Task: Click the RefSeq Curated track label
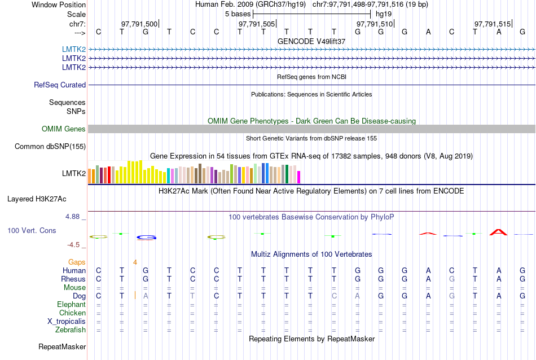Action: pyautogui.click(x=60, y=85)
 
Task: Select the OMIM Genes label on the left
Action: pyautogui.click(x=64, y=129)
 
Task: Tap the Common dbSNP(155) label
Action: pyautogui.click(x=50, y=147)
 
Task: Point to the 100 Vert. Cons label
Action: pyautogui.click(x=32, y=231)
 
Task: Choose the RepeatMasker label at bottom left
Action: pyautogui.click(x=62, y=346)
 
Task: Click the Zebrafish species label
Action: pyautogui.click(x=71, y=330)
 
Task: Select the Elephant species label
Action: pyautogui.click(x=71, y=305)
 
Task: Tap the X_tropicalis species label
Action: pyautogui.click(x=67, y=322)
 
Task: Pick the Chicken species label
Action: pyautogui.click(x=73, y=313)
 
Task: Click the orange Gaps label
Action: pyautogui.click(x=77, y=262)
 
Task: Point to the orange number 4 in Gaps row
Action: pyautogui.click(x=135, y=262)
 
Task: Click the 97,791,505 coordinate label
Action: pyautogui.click(x=257, y=24)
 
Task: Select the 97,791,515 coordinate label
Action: pyautogui.click(x=493, y=24)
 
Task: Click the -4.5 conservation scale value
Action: pyautogui.click(x=76, y=245)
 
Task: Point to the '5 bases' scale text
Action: pyautogui.click(x=238, y=13)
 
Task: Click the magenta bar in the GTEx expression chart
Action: pyautogui.click(x=299, y=177)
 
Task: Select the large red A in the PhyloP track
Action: pyautogui.click(x=498, y=232)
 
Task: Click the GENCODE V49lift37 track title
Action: pyautogui.click(x=311, y=42)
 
